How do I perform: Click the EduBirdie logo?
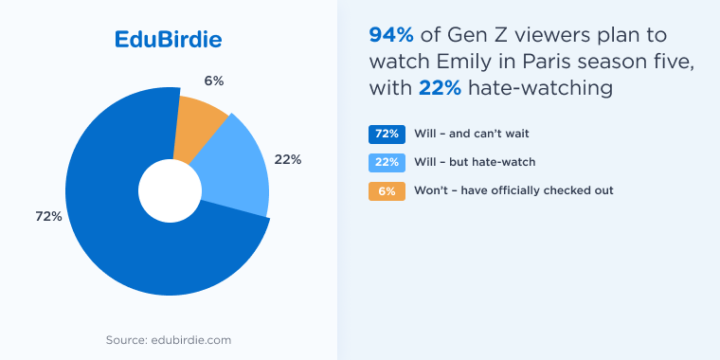168,40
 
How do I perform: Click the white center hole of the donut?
171,189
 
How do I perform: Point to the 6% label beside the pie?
213,81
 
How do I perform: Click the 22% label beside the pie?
288,159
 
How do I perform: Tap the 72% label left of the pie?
48,217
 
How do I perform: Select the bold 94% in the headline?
388,36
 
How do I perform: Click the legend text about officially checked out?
513,190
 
